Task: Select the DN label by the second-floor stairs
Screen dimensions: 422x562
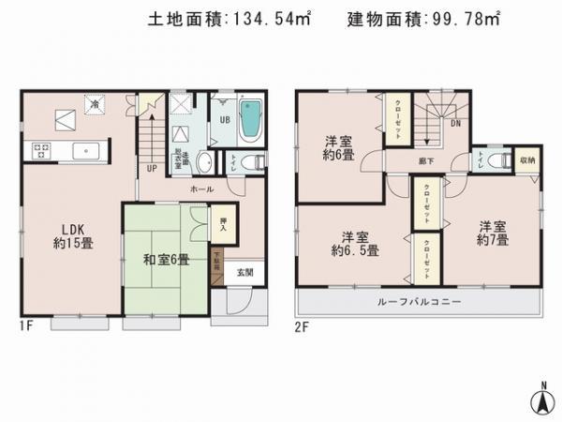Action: pos(456,122)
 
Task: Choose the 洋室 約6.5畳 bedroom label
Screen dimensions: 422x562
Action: pos(353,243)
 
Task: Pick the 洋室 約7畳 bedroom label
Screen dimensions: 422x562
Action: pos(493,234)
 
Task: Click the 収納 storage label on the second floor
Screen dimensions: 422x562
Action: pos(527,160)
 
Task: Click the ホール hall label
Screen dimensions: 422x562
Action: pos(202,188)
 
